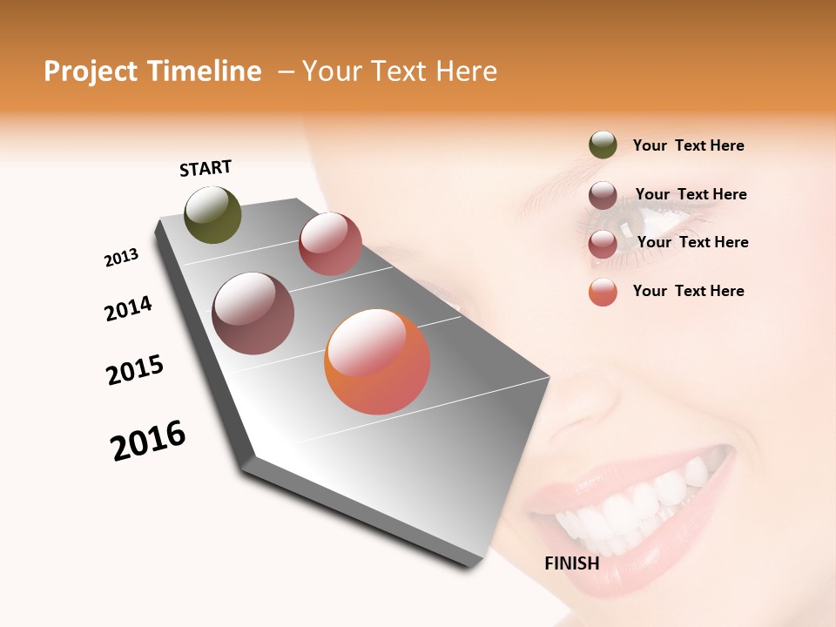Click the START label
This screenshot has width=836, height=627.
coord(206,168)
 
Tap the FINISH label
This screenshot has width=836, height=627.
coord(571,563)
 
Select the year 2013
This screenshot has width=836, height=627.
coord(121,258)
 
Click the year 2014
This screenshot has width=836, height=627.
coord(128,308)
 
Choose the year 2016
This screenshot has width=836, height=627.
coord(148,440)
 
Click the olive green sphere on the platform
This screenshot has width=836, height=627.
coord(212,215)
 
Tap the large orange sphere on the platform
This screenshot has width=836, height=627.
coord(377,362)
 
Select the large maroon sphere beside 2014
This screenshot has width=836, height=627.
coord(253,313)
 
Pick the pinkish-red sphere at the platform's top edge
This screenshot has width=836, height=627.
coord(330,244)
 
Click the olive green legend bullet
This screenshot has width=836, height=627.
coord(603,145)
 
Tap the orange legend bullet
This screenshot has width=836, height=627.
coord(603,292)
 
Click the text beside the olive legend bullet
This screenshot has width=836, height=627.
coord(688,145)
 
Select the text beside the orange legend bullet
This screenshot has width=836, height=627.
coord(688,291)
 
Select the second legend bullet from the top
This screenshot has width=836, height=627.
coord(603,195)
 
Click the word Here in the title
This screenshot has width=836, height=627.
coord(466,71)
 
